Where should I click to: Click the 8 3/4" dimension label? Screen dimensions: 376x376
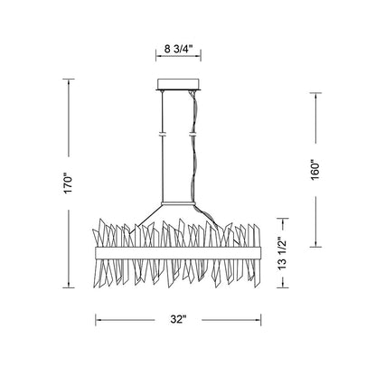(178, 49)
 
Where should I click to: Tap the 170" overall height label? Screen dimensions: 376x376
(69, 183)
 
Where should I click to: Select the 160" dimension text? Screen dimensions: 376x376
(315, 170)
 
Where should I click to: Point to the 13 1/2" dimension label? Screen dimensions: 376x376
(282, 253)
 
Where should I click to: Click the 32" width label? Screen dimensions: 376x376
(178, 319)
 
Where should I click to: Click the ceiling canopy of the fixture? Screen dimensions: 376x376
(178, 84)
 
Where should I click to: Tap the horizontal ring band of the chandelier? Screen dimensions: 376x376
(178, 252)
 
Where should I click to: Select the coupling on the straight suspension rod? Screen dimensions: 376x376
(163, 134)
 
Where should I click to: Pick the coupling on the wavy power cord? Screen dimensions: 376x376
(193, 134)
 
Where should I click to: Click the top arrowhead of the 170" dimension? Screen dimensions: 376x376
(69, 81)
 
